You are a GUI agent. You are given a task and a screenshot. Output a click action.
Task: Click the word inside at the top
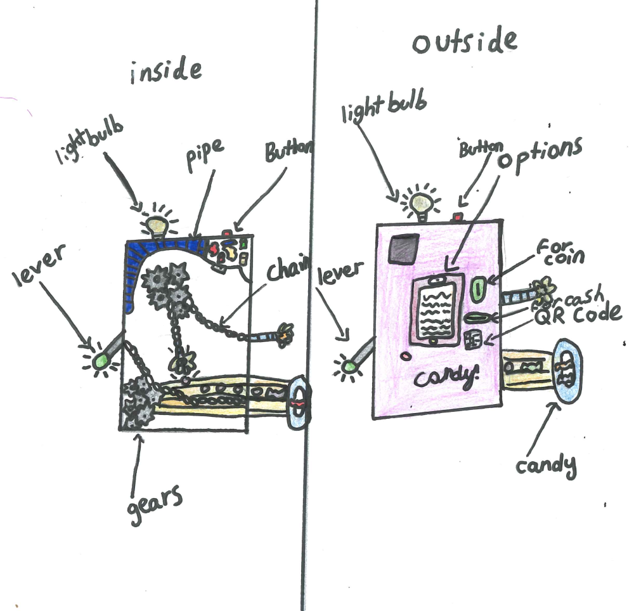pyautogui.click(x=166, y=72)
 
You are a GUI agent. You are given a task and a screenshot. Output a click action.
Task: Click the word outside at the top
pyautogui.click(x=465, y=42)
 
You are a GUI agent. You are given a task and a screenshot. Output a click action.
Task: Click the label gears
pyautogui.click(x=154, y=503)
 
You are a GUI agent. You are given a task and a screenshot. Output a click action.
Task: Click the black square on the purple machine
pyautogui.click(x=404, y=248)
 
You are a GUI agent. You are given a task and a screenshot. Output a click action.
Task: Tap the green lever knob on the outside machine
pyautogui.click(x=347, y=366)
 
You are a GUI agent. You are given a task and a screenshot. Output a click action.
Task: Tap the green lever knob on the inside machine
pyautogui.click(x=100, y=361)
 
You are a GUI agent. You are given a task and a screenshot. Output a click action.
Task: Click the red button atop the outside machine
pyautogui.click(x=456, y=217)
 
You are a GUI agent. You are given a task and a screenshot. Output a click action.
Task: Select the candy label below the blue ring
pyautogui.click(x=545, y=466)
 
